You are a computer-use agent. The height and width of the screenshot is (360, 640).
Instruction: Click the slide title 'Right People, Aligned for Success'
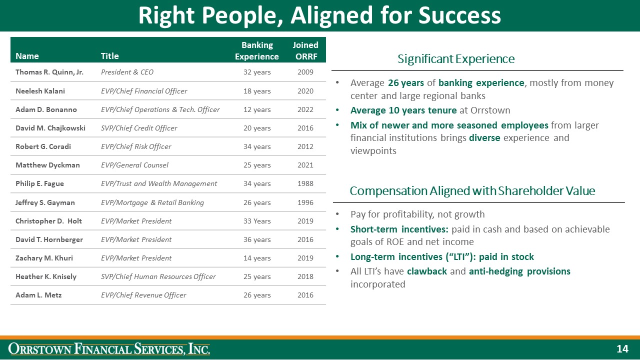pyautogui.click(x=319, y=15)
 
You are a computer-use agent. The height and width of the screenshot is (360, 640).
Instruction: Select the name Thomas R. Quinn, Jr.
pyautogui.click(x=49, y=72)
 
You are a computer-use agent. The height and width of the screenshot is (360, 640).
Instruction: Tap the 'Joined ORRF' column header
pyautogui.click(x=305, y=50)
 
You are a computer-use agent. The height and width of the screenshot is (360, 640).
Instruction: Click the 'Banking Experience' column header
pyautogui.click(x=257, y=50)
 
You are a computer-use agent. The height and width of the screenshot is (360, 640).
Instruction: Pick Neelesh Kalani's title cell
pyautogui.click(x=144, y=91)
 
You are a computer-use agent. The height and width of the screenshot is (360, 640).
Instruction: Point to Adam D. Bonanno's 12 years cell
pyautogui.click(x=257, y=109)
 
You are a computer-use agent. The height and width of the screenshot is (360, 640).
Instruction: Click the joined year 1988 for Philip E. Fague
pyautogui.click(x=305, y=183)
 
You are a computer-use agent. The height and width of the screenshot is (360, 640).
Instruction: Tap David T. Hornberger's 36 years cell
pyautogui.click(x=257, y=239)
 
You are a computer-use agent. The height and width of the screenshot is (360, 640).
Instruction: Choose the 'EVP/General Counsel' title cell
pyautogui.click(x=134, y=165)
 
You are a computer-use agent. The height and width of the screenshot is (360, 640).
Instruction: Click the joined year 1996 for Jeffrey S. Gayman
pyautogui.click(x=305, y=202)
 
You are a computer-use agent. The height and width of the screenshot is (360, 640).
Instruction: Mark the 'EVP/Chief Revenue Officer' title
pyautogui.click(x=143, y=295)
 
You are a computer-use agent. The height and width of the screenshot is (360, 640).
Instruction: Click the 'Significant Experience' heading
pyautogui.click(x=456, y=59)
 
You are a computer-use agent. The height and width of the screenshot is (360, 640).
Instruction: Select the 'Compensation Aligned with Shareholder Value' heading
pyautogui.click(x=472, y=191)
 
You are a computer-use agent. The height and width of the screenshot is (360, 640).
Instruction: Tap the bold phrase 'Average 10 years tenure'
pyautogui.click(x=403, y=110)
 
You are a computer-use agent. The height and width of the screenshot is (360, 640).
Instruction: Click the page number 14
pyautogui.click(x=622, y=349)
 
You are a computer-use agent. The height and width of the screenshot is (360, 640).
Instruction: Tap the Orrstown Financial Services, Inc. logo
pyautogui.click(x=109, y=349)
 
